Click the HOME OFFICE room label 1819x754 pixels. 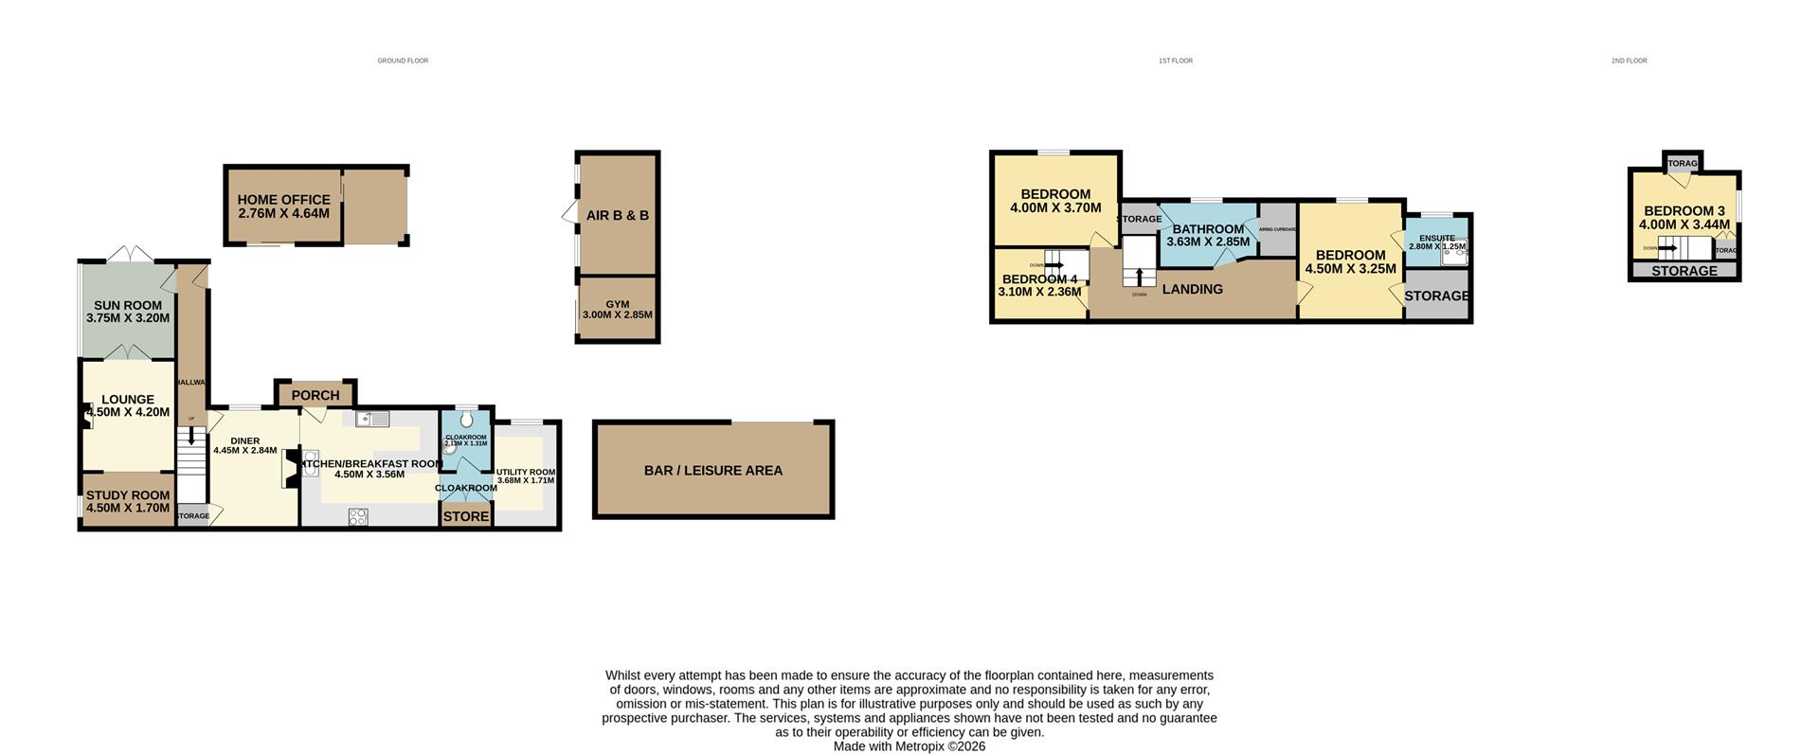[x=283, y=200]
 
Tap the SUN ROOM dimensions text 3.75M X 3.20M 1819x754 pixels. [x=128, y=318]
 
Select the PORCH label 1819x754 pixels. [x=315, y=395]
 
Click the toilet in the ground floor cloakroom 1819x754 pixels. [x=466, y=420]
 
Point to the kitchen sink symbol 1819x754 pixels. [x=371, y=419]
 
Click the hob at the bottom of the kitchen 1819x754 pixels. [x=358, y=516]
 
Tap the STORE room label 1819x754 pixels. [x=466, y=516]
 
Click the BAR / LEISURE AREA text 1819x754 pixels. [x=713, y=471]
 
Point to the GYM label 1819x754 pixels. [x=618, y=304]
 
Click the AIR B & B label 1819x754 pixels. [x=618, y=216]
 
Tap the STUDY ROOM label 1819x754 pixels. [x=128, y=495]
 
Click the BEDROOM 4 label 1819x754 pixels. [x=1039, y=279]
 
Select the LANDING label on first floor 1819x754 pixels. [x=1192, y=290]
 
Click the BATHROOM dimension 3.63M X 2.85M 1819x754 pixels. [x=1208, y=242]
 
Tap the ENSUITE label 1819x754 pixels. [x=1436, y=239]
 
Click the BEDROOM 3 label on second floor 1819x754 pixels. [x=1684, y=211]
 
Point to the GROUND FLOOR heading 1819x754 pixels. [x=403, y=61]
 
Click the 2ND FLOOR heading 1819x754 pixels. [x=1629, y=61]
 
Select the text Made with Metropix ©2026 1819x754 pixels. [x=909, y=746]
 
